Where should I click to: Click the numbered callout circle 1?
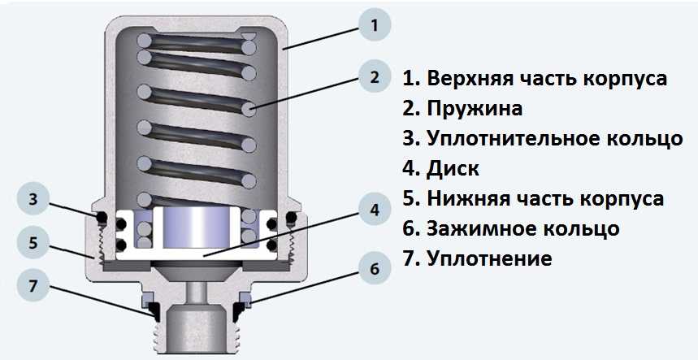(x=375, y=25)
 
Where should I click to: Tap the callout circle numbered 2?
(x=375, y=76)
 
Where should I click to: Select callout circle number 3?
(x=33, y=200)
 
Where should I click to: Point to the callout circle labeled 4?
(x=375, y=210)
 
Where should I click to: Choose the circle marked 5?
(x=33, y=243)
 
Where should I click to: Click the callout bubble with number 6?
(x=375, y=269)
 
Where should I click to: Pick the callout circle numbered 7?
(x=33, y=286)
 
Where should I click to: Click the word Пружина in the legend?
(x=475, y=109)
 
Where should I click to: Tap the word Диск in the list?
(x=453, y=169)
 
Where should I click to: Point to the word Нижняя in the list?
(x=467, y=198)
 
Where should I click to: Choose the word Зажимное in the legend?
(x=482, y=228)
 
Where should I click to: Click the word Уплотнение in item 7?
(x=489, y=258)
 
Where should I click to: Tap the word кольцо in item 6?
(x=582, y=228)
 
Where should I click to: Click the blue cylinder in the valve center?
(x=197, y=228)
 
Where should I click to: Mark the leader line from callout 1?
(x=322, y=38)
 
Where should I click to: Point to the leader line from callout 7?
(x=100, y=301)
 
